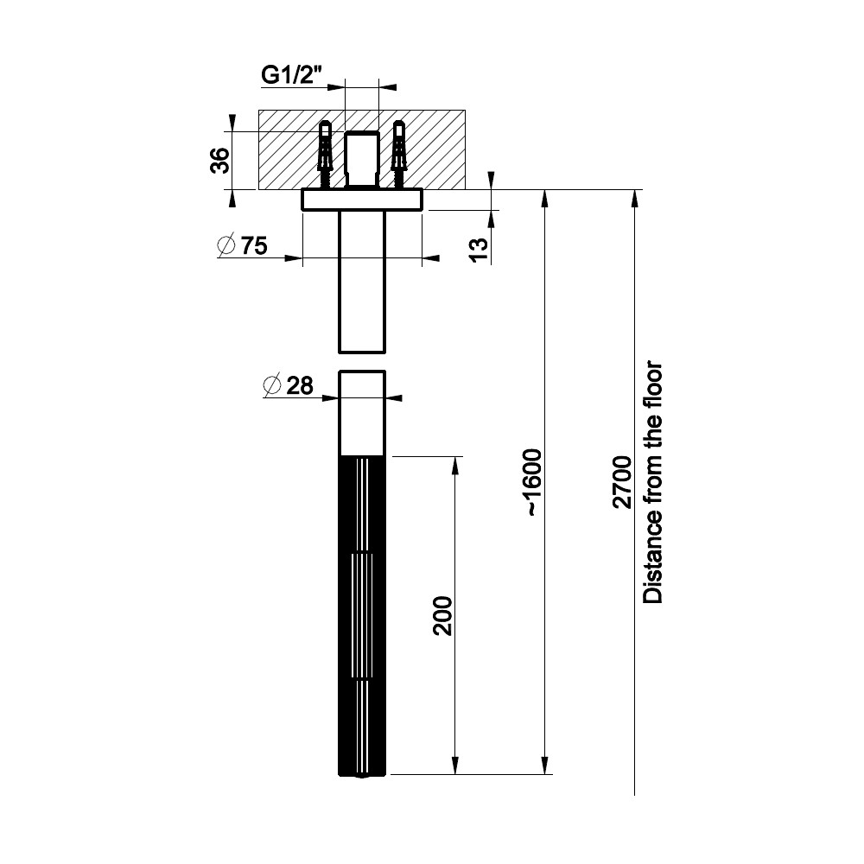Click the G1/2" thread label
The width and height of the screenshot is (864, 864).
(x=291, y=75)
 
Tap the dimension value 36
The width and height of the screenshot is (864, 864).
(x=220, y=161)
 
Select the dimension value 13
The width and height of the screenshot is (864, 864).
(x=480, y=251)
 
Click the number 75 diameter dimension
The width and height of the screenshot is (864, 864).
(x=254, y=245)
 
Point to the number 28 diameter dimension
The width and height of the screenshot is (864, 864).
(x=300, y=385)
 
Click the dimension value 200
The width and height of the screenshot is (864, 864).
(x=442, y=615)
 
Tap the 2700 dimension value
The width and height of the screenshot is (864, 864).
(x=623, y=482)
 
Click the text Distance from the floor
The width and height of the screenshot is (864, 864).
(x=653, y=483)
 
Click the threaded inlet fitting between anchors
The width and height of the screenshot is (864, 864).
(x=361, y=159)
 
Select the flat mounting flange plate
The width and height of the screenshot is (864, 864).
(x=362, y=200)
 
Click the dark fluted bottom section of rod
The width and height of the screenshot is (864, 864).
(x=362, y=616)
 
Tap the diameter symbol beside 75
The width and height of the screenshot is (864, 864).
(x=226, y=245)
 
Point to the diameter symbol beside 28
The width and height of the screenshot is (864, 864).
(x=272, y=385)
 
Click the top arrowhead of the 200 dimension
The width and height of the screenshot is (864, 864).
(x=455, y=466)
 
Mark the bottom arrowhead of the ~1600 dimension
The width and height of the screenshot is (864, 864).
(x=545, y=766)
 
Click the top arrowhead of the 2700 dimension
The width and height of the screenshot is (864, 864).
(x=635, y=199)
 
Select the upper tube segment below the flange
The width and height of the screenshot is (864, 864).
(x=362, y=282)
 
